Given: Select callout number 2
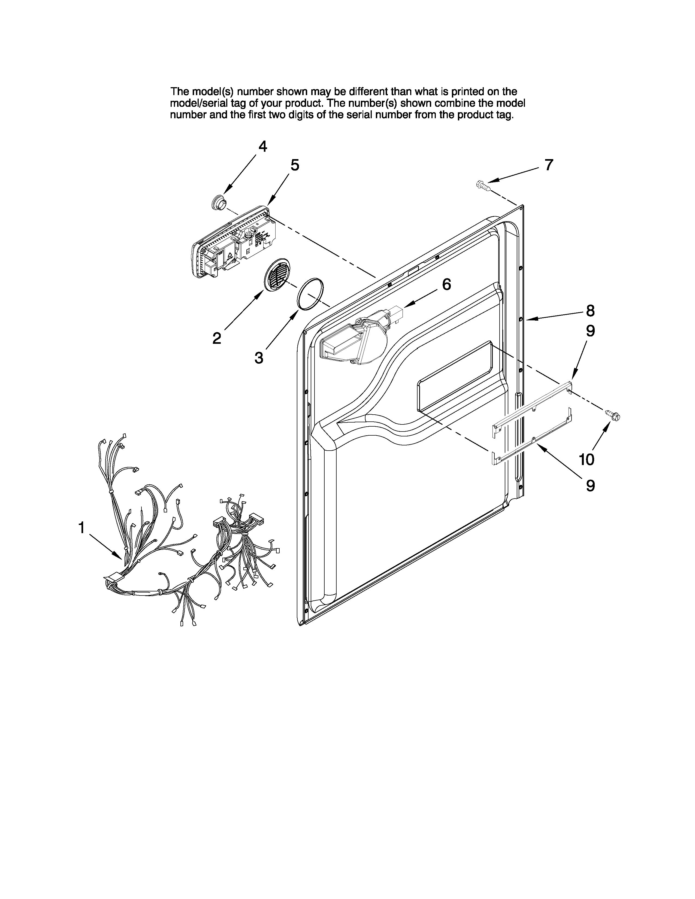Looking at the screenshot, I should [217, 338].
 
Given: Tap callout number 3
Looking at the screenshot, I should [259, 358].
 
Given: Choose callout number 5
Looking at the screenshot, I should [295, 165].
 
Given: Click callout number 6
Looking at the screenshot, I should [447, 284].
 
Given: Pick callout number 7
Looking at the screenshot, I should [549, 165].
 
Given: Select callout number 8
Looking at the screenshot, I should [590, 311].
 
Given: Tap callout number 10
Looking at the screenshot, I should [587, 459].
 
